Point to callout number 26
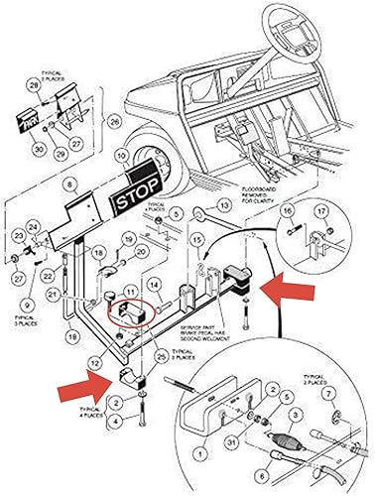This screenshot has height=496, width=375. (114, 123)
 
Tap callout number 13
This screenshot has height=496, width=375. (225, 205)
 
